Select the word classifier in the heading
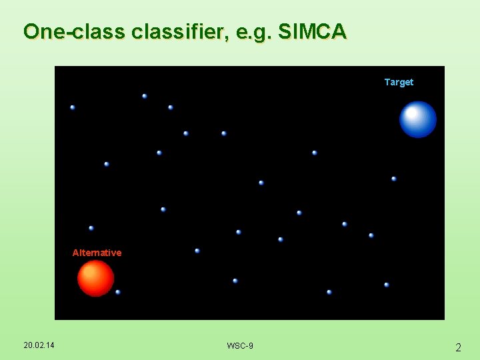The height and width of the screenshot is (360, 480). tap(179, 31)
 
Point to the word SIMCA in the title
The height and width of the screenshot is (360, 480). tap(311, 31)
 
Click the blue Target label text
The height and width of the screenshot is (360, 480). tap(399, 82)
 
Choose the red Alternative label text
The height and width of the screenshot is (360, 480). tap(97, 253)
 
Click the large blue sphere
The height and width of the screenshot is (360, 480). tap(418, 119)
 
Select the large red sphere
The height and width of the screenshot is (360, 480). tap(95, 278)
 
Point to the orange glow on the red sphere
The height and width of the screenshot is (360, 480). tap(91, 273)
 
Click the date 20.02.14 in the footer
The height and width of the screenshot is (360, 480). tap(39, 345)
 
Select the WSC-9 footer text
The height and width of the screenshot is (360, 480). tap(240, 345)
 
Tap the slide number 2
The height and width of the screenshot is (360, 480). tap(458, 347)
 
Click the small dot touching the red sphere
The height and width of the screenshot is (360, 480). tap(118, 292)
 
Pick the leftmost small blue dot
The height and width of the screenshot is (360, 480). tap(73, 107)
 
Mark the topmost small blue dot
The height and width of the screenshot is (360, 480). tap(145, 96)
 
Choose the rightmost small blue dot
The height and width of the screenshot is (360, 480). tap(394, 179)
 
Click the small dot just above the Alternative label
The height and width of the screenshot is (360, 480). tap(91, 228)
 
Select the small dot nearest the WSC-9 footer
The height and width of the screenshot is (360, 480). tap(235, 281)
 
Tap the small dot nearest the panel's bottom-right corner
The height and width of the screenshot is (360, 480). tap(387, 285)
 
